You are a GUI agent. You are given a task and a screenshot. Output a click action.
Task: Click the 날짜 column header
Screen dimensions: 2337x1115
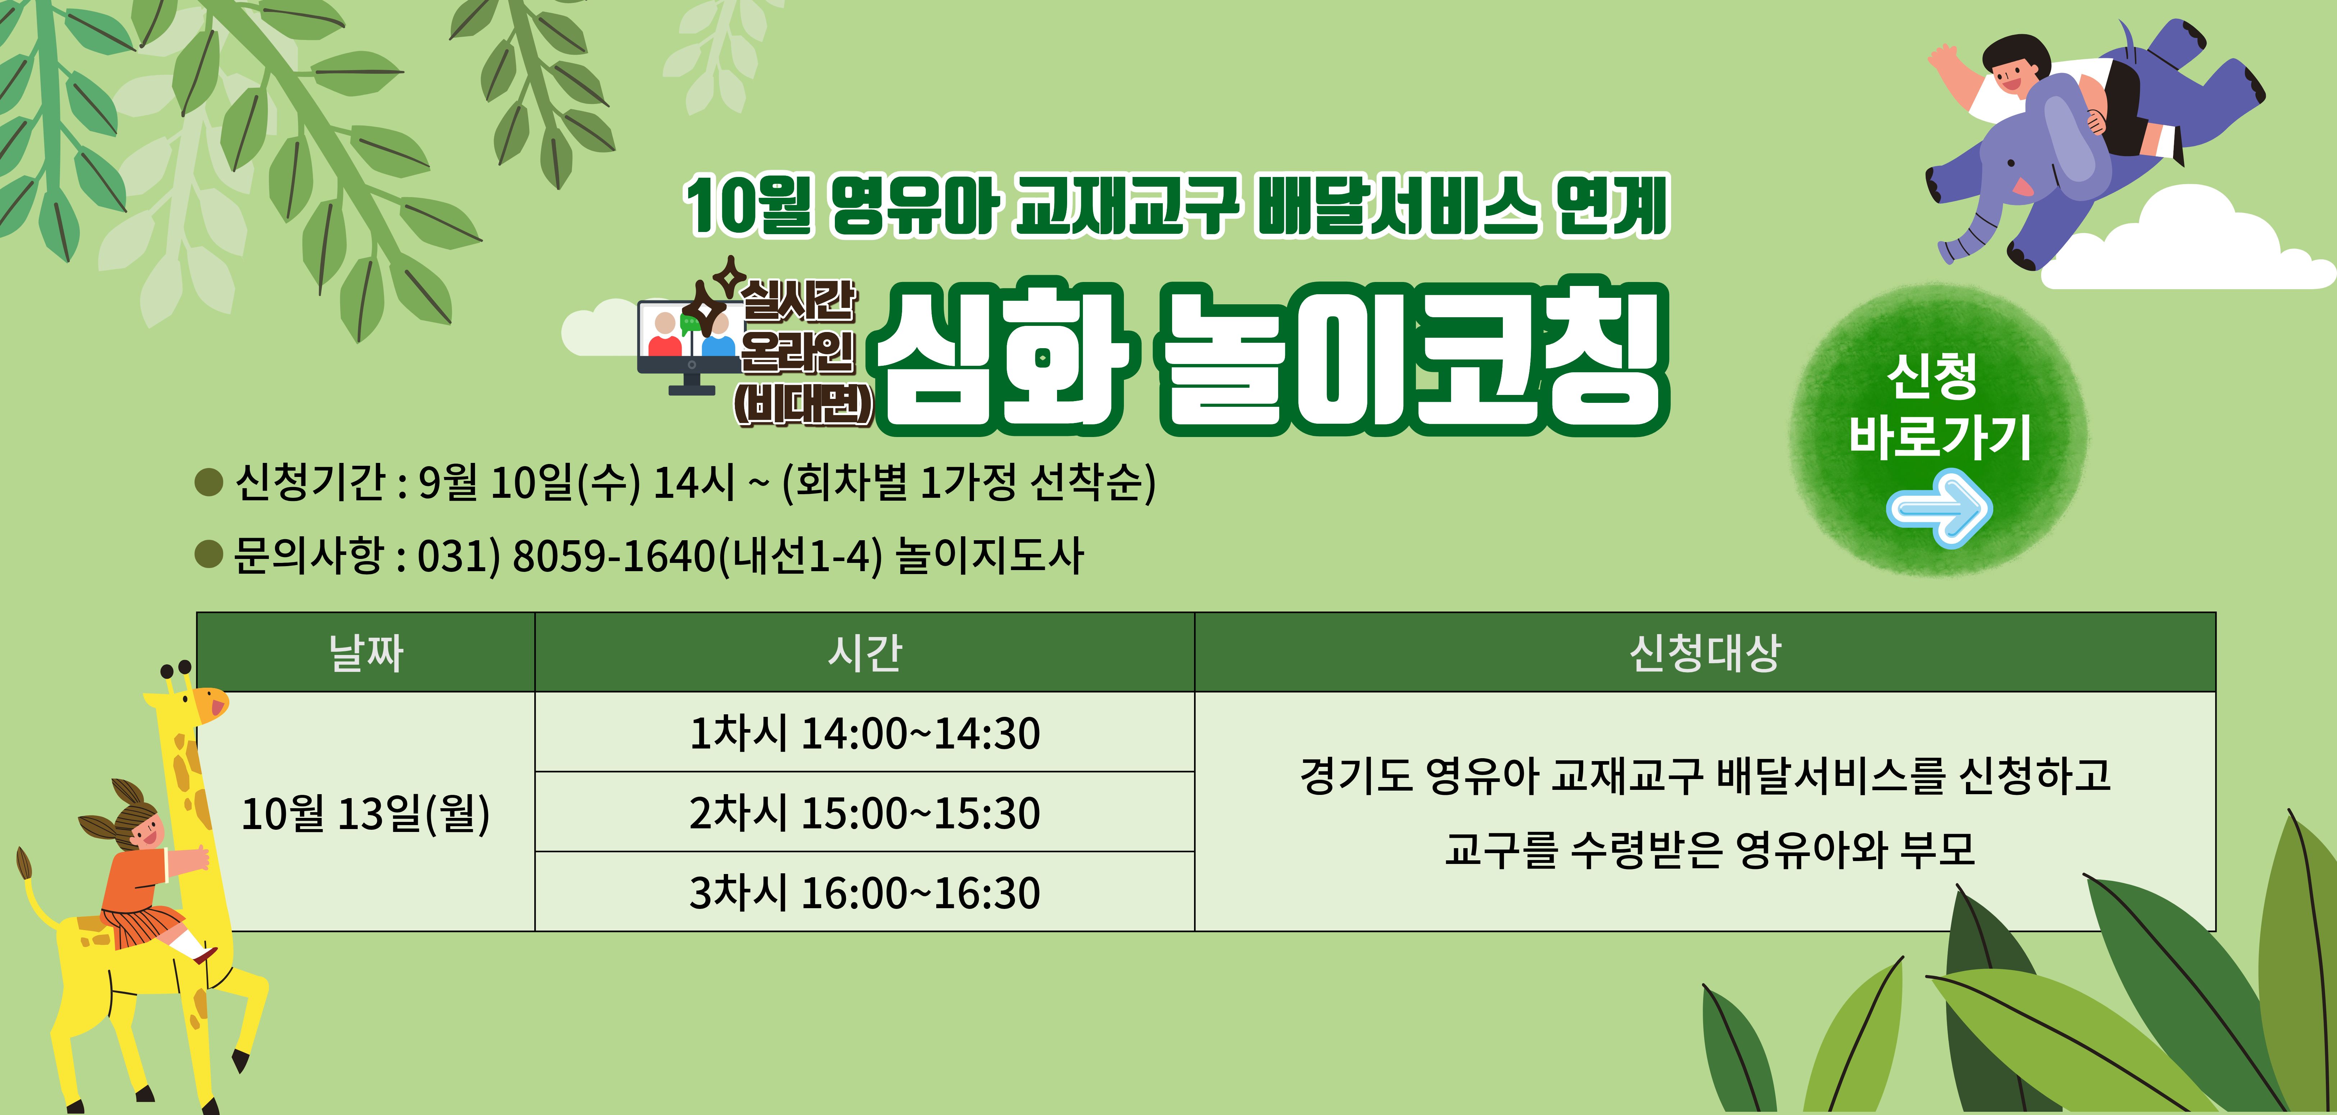pos(366,652)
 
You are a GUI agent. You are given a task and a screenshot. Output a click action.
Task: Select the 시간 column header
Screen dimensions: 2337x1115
pos(865,652)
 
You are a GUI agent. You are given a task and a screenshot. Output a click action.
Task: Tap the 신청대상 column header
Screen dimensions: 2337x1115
pos(1705,652)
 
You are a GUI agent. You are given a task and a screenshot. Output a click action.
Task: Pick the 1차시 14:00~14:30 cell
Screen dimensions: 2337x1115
pos(865,732)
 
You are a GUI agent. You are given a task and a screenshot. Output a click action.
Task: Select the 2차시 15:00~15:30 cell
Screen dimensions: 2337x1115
pos(865,812)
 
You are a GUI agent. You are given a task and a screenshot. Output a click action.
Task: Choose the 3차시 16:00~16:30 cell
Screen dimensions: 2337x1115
pos(865,892)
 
